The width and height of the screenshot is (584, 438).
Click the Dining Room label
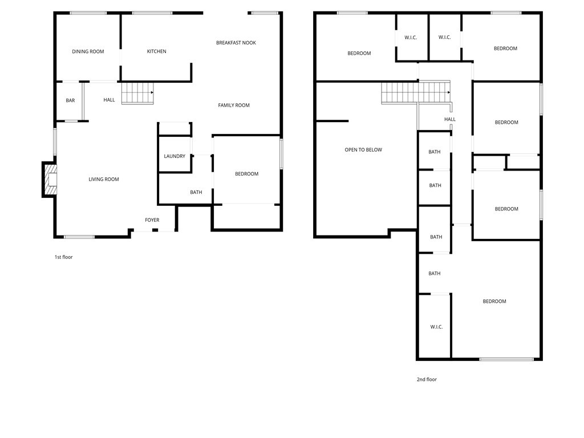click(x=88, y=51)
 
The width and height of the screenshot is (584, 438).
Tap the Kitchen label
click(x=156, y=51)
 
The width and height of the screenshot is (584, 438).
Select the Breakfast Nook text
click(x=236, y=43)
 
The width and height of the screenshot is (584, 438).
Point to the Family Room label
click(x=234, y=106)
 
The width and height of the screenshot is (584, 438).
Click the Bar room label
click(x=70, y=100)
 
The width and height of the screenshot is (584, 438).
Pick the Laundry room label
click(x=175, y=156)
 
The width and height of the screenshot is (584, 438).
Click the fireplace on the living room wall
click(x=50, y=179)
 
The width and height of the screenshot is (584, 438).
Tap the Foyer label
click(x=152, y=220)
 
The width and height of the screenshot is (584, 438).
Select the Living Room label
click(x=104, y=179)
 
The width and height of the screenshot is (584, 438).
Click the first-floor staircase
click(x=137, y=93)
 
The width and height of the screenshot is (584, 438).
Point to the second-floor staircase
click(x=416, y=92)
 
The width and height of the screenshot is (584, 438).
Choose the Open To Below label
click(x=363, y=150)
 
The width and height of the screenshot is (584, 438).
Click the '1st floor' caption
click(x=64, y=257)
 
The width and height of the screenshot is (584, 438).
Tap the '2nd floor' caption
click(x=427, y=379)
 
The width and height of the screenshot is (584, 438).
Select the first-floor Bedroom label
click(x=246, y=174)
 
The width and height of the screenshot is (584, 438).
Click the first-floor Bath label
click(x=196, y=192)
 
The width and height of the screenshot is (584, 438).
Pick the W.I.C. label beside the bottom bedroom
click(x=436, y=327)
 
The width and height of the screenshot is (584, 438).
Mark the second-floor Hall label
click(x=450, y=119)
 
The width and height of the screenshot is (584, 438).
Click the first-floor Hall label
click(x=109, y=100)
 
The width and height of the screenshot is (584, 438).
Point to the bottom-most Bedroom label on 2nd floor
click(x=494, y=301)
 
